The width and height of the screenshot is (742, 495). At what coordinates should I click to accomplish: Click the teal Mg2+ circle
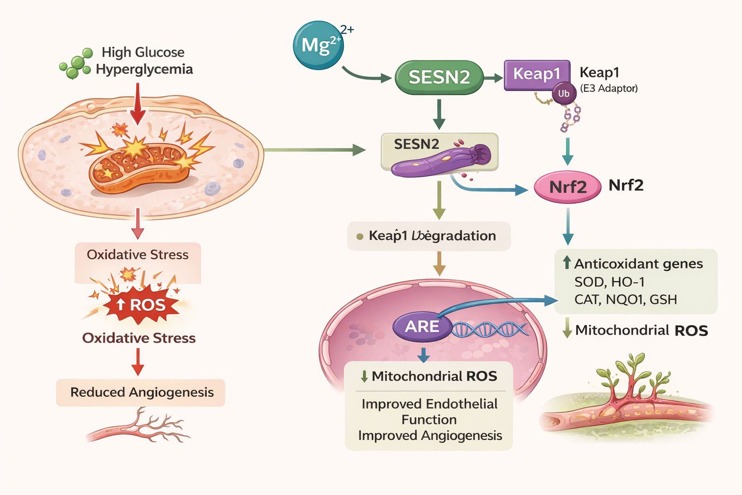(318, 45)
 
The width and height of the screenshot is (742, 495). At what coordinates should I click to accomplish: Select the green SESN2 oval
(439, 77)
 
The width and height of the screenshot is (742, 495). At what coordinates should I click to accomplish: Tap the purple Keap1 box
(537, 74)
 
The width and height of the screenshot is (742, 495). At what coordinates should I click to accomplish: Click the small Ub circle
(564, 93)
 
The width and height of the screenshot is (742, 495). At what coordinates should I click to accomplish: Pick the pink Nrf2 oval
(567, 186)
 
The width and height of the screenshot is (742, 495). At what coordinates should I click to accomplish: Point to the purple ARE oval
(422, 327)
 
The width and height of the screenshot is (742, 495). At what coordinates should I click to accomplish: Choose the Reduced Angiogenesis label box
(141, 393)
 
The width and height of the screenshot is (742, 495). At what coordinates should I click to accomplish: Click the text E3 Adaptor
(609, 88)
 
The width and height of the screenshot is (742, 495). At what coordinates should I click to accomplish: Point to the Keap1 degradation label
(429, 236)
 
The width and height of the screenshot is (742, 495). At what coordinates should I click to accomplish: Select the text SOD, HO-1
(609, 282)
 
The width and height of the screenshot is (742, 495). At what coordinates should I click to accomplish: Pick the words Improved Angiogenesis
(430, 436)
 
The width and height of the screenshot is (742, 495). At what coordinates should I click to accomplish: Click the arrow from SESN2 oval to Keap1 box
(493, 77)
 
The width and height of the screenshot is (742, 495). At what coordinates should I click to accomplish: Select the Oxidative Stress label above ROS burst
(138, 255)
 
